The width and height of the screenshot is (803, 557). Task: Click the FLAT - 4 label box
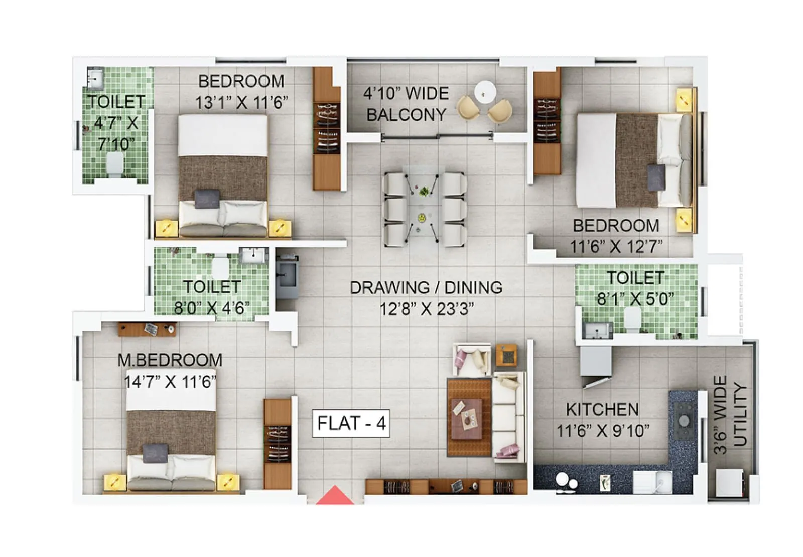[x=351, y=423]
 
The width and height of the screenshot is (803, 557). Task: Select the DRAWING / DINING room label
[x=426, y=287]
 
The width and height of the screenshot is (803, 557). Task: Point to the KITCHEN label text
[x=602, y=409]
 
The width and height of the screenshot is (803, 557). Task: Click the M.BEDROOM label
[x=170, y=360]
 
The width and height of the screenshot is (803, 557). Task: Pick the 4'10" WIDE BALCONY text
[x=406, y=104]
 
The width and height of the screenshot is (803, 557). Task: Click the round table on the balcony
[x=485, y=92]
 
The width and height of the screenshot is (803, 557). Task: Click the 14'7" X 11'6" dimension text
[x=170, y=382]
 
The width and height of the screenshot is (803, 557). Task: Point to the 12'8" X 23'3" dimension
[x=426, y=309]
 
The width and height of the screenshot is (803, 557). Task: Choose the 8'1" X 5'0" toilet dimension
[x=635, y=299]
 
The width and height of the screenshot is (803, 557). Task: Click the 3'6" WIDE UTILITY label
[x=730, y=415]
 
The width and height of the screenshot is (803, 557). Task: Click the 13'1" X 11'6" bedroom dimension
[x=241, y=103]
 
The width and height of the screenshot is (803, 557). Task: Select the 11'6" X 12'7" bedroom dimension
[x=616, y=246]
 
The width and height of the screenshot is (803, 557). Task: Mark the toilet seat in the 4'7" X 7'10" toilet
[x=115, y=164]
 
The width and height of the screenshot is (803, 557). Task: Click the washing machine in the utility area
[x=729, y=482]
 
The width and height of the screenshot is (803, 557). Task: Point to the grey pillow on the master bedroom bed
[x=155, y=453]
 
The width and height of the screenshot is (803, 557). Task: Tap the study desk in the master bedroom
[x=147, y=329]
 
